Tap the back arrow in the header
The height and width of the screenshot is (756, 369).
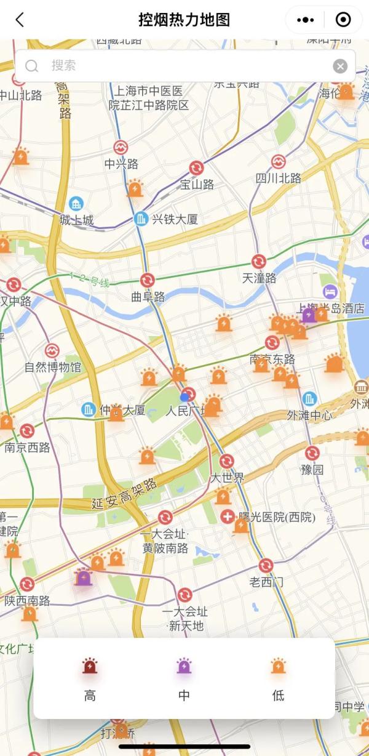[20, 20]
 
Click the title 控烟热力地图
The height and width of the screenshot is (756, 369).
[184, 20]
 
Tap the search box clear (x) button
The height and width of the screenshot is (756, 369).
[340, 66]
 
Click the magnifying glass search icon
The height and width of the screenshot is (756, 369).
[32, 66]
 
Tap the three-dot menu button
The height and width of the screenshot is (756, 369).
[305, 20]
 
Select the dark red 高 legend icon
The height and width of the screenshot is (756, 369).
[90, 667]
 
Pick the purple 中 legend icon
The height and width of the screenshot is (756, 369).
[184, 667]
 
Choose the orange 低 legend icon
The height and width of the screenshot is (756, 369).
[278, 667]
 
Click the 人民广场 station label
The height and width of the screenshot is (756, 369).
[186, 411]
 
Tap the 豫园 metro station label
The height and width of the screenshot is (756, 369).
[312, 470]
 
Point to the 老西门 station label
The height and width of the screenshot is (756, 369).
[266, 582]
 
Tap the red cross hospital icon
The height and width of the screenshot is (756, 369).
[228, 517]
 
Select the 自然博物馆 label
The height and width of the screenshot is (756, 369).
[53, 368]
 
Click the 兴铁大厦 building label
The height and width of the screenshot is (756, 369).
[175, 219]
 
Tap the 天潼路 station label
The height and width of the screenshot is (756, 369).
[259, 278]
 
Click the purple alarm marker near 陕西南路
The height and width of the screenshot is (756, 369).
[84, 577]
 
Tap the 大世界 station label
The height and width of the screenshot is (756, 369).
[227, 478]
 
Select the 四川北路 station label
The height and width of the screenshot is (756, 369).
[279, 179]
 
